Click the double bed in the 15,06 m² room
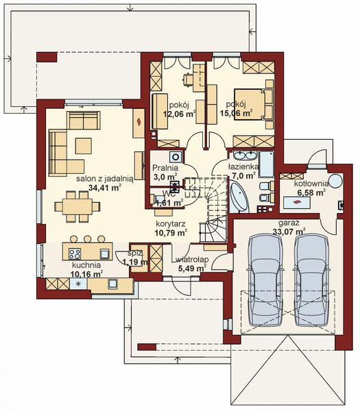[x=250, y=102]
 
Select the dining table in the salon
[x=76, y=205]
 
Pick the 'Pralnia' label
[x=165, y=166]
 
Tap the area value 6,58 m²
[x=311, y=193]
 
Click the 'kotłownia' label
[x=311, y=184]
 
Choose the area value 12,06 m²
[x=178, y=115]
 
